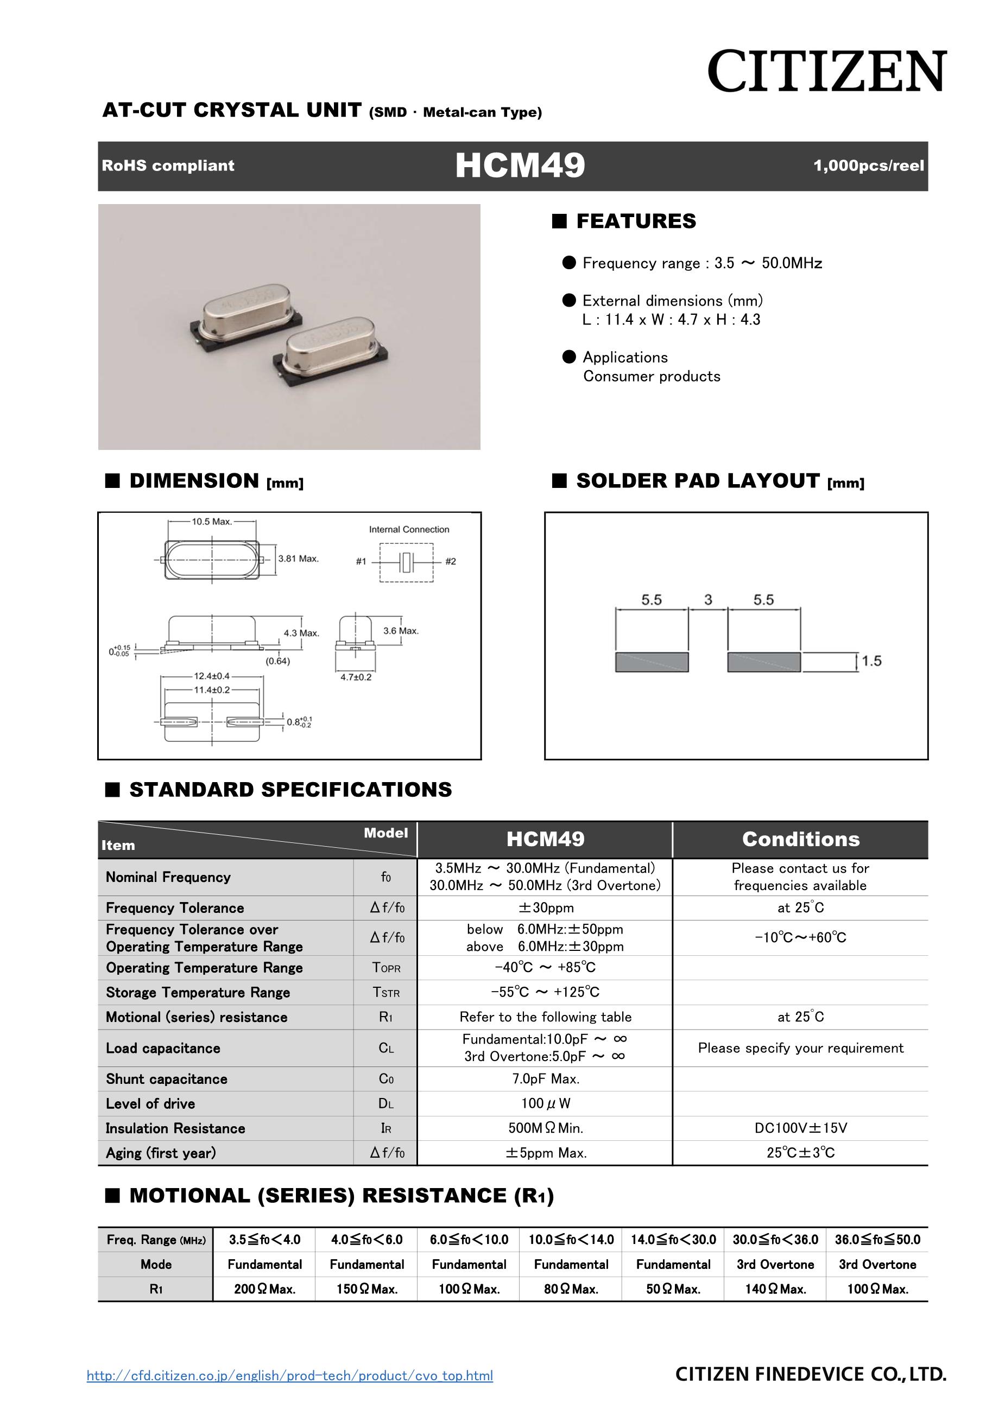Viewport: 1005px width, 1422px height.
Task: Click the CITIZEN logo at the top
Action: point(826,72)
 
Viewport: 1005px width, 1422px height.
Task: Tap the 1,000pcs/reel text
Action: point(868,166)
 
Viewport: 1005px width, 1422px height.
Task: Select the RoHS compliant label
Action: point(168,166)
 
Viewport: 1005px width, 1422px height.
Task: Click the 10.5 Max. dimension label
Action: point(211,522)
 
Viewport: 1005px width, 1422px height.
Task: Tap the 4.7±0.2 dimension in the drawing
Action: point(356,677)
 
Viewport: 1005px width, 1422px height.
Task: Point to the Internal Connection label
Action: point(409,530)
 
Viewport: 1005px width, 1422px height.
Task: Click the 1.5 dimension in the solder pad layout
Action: point(871,661)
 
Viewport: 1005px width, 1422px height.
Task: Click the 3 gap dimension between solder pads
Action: point(707,600)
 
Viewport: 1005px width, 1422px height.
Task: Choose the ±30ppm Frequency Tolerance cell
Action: point(545,907)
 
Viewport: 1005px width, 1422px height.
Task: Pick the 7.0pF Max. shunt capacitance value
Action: point(545,1079)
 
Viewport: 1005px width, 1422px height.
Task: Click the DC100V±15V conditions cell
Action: point(800,1128)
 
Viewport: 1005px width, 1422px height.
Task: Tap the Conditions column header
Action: point(800,839)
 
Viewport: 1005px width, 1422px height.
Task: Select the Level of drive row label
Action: point(150,1103)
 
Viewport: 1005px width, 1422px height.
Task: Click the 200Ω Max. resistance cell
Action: point(264,1289)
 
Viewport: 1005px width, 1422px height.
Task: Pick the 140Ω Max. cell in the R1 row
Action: point(775,1289)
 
